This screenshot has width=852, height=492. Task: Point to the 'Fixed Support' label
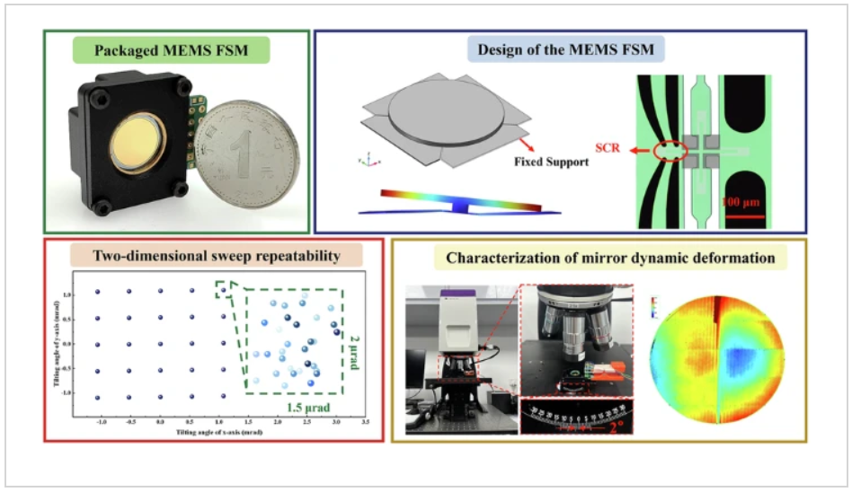pyautogui.click(x=551, y=163)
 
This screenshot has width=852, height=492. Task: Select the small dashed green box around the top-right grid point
pyautogui.click(x=222, y=289)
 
